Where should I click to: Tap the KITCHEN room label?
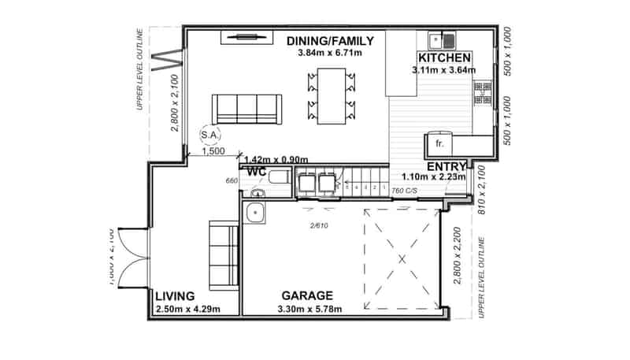click(445, 58)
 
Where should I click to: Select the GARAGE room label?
click(312, 295)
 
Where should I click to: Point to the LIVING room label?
click(175, 295)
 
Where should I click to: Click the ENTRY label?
click(447, 166)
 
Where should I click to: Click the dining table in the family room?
click(331, 95)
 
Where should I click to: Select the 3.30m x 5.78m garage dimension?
click(312, 308)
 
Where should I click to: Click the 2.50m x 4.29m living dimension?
click(187, 308)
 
